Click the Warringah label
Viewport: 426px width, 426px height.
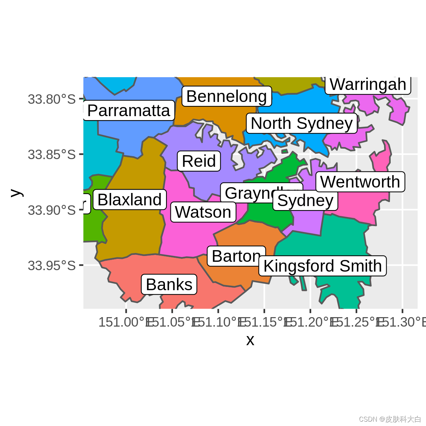pyautogui.click(x=368, y=85)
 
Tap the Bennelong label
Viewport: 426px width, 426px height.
pyautogui.click(x=226, y=96)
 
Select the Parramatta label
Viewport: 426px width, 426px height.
pyautogui.click(x=129, y=111)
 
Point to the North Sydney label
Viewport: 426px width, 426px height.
pyautogui.click(x=302, y=123)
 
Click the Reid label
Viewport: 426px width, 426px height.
pyautogui.click(x=199, y=161)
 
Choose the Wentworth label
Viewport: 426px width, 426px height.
pyautogui.click(x=360, y=182)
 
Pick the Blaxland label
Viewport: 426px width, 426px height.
pyautogui.click(x=130, y=200)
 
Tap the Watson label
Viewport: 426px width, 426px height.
pyautogui.click(x=203, y=212)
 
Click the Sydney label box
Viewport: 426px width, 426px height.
pyautogui.click(x=305, y=201)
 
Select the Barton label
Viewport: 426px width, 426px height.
pyautogui.click(x=236, y=256)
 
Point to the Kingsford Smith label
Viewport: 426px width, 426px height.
pyautogui.click(x=323, y=266)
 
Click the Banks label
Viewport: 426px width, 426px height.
pyautogui.click(x=169, y=284)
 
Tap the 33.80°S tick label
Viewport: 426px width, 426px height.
pyautogui.click(x=52, y=99)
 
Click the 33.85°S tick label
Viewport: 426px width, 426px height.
pyautogui.click(x=52, y=154)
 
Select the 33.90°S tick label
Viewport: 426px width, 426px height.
pyautogui.click(x=52, y=210)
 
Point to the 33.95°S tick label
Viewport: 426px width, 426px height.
pyautogui.click(x=52, y=265)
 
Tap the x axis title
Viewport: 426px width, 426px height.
pyautogui.click(x=250, y=340)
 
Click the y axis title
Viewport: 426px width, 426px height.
pyautogui.click(x=16, y=193)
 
